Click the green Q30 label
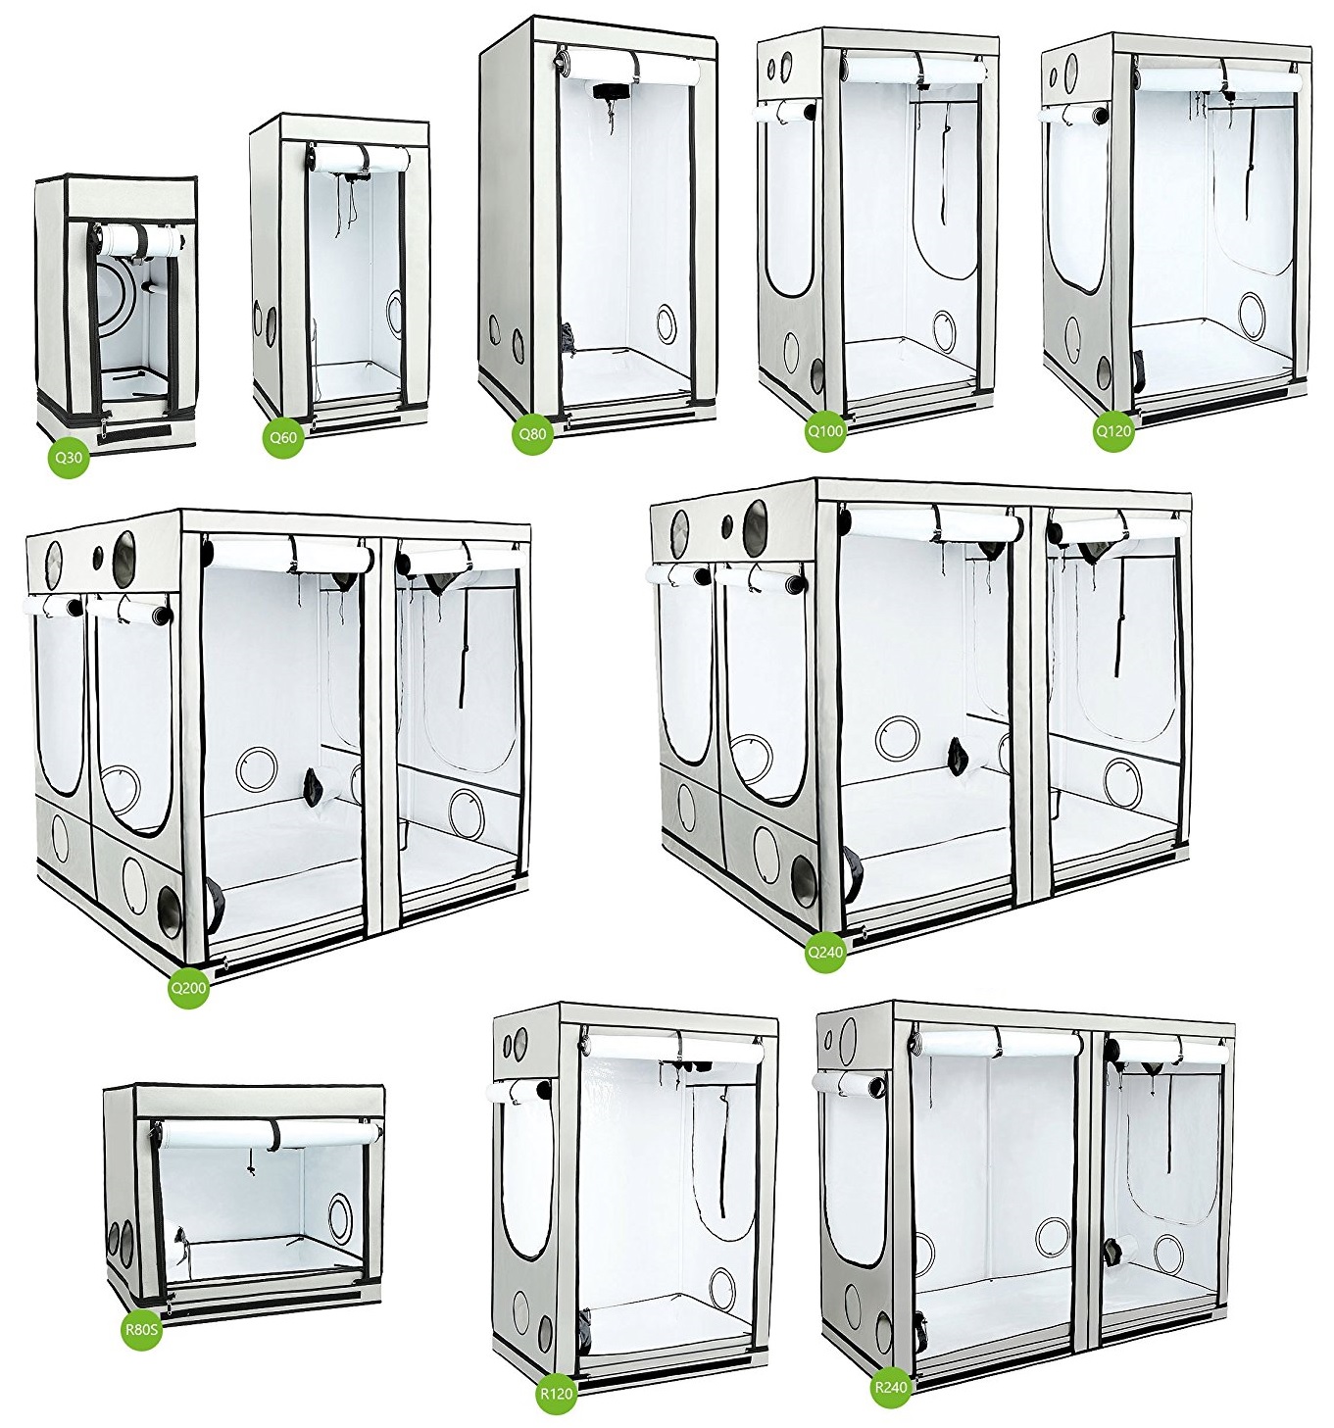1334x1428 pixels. (69, 458)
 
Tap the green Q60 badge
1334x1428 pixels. (282, 436)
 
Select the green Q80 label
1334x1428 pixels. (533, 433)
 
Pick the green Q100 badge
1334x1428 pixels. (825, 430)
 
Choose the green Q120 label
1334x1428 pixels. (1112, 431)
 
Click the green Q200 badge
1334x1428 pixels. (188, 987)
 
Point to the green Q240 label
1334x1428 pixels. (825, 952)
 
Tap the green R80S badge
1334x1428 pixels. (142, 1329)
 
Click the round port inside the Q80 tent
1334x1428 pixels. (667, 318)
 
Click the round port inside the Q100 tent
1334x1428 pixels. (944, 328)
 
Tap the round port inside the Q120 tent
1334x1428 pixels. (1252, 310)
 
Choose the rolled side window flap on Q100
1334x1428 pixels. (784, 112)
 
